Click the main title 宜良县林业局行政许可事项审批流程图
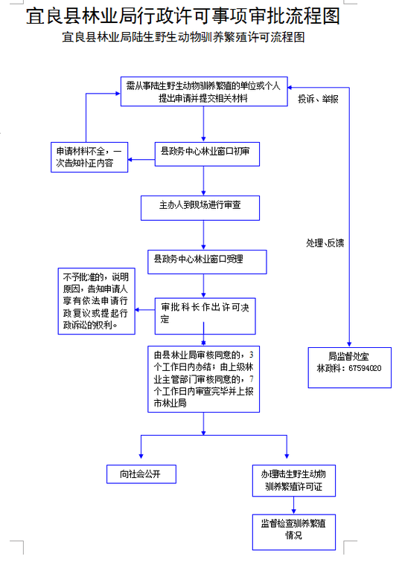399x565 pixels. (x=183, y=16)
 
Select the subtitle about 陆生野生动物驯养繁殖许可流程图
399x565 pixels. (x=183, y=36)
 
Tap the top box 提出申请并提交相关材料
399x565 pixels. (x=204, y=91)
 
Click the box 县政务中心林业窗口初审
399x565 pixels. (x=207, y=154)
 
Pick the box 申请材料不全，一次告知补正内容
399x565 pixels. (x=89, y=157)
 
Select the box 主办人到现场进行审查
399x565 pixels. (x=200, y=208)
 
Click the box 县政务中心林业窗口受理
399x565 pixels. (x=207, y=262)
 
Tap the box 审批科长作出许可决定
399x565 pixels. (x=205, y=316)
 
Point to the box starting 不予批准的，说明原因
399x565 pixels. (x=96, y=301)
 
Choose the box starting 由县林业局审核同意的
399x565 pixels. (x=203, y=379)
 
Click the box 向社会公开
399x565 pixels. (x=141, y=474)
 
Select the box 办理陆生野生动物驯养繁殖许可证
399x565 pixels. (x=293, y=481)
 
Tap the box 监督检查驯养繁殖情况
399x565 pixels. (x=293, y=532)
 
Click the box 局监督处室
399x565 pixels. (x=350, y=367)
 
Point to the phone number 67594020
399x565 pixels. (x=365, y=368)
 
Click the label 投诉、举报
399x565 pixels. (x=318, y=99)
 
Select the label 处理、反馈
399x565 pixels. (x=325, y=243)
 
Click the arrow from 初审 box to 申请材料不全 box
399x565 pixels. (x=141, y=160)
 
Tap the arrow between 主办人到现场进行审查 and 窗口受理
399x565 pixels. (x=203, y=236)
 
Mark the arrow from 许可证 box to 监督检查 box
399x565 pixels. (x=293, y=506)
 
